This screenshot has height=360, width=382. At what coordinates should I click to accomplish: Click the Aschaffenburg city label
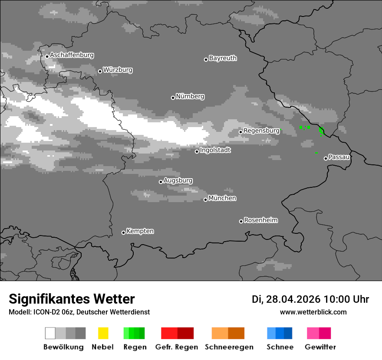tap(72, 55)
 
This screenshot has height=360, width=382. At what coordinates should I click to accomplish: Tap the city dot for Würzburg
tap(100, 71)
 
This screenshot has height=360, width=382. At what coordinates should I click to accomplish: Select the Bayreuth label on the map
tap(223, 58)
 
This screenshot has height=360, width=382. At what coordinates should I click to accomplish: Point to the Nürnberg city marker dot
tap(173, 98)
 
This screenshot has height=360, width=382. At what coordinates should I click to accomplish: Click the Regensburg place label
tap(261, 131)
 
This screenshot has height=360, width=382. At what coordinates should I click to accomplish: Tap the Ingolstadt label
tap(215, 150)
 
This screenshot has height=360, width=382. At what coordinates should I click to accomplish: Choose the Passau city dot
tap(326, 158)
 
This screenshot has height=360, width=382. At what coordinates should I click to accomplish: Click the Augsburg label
tap(178, 180)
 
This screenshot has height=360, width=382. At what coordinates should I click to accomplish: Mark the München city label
tap(222, 198)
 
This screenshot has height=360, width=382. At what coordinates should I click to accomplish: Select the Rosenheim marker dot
tap(241, 222)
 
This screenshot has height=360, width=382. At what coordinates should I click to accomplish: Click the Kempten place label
tap(140, 231)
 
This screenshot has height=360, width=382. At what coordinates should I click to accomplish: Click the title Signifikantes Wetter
tap(72, 299)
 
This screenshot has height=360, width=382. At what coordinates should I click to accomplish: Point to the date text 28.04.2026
tap(293, 299)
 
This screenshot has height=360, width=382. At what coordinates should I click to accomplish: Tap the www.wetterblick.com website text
tap(313, 312)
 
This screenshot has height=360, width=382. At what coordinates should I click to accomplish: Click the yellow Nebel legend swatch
tap(103, 333)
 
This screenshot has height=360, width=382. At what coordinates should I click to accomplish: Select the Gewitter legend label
tap(320, 347)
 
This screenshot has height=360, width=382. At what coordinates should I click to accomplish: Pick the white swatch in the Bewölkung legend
tap(50, 333)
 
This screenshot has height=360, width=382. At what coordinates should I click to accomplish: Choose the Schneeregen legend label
tap(228, 347)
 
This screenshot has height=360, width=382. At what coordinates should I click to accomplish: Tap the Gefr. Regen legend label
tap(177, 347)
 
